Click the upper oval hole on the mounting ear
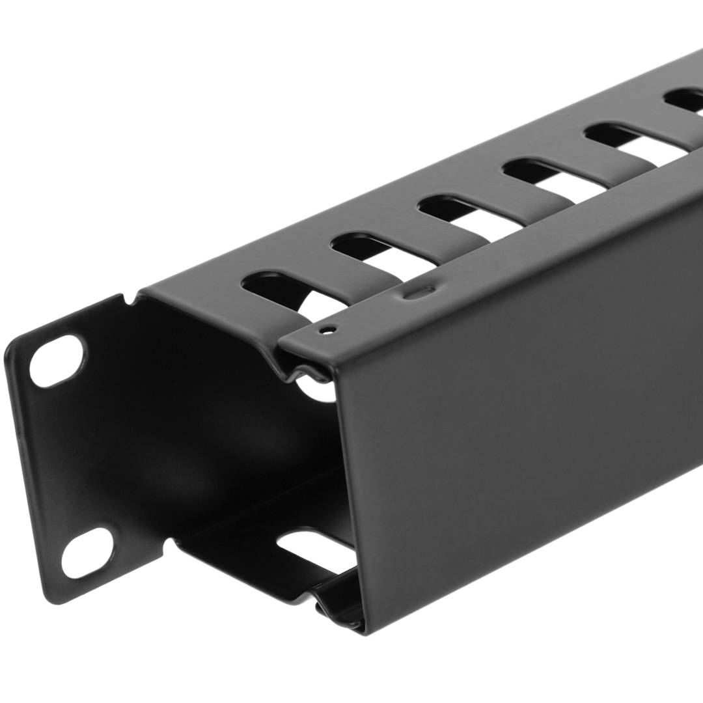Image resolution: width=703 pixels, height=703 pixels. click(x=57, y=362)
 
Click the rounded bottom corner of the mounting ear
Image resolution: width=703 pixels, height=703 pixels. click(x=59, y=596)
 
